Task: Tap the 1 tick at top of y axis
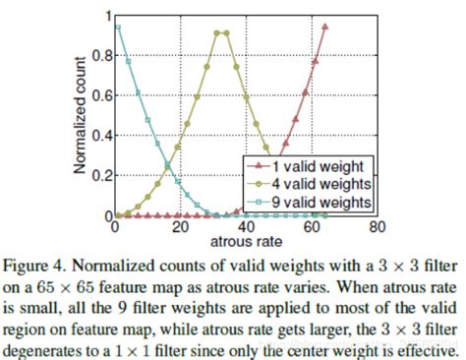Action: point(106,17)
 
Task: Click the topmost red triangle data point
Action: point(324,28)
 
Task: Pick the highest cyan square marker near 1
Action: point(118,28)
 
